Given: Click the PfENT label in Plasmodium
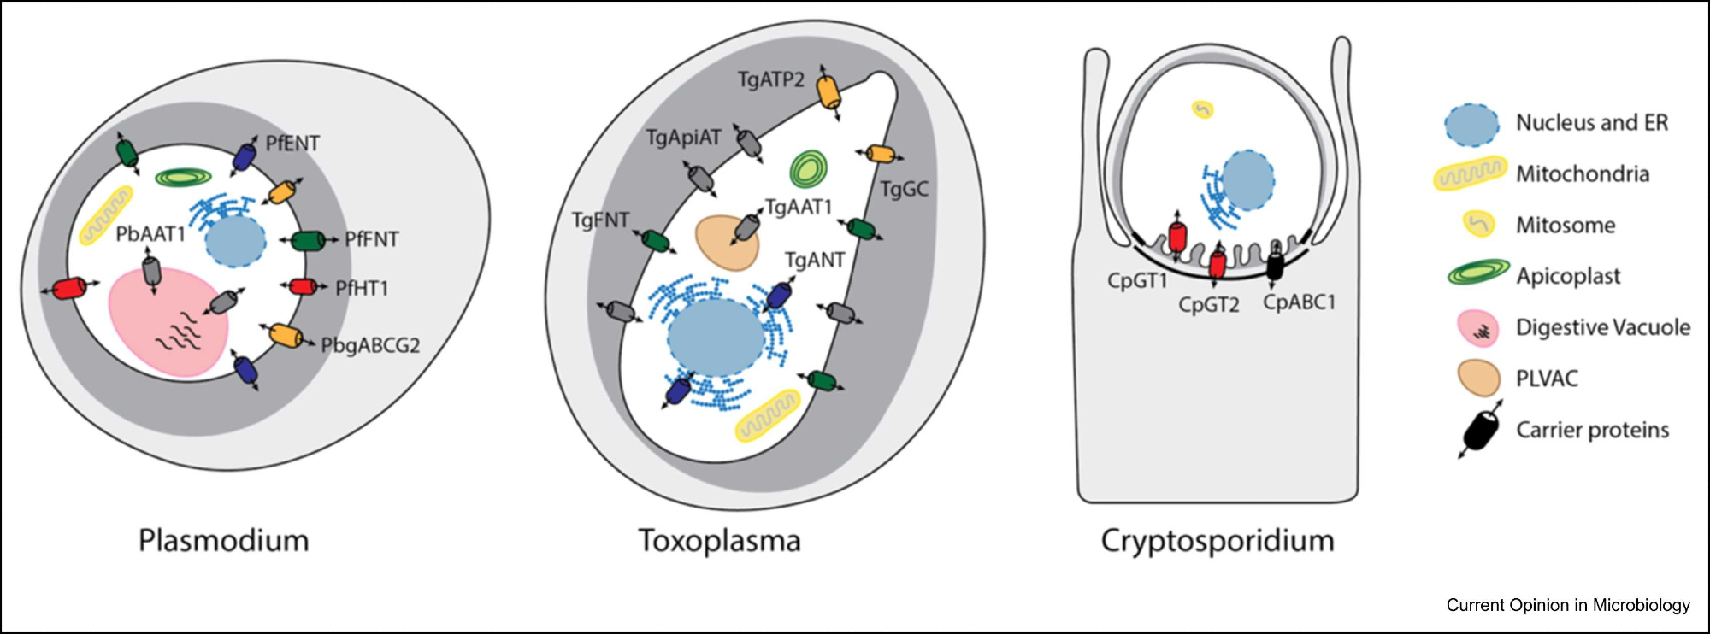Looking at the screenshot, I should point(292,144).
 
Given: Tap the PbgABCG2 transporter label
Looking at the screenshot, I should point(370,346).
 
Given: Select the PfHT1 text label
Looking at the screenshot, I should point(362,289).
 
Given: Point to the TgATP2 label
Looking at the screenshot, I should point(771,80).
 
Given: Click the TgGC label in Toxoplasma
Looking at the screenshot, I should point(904,190).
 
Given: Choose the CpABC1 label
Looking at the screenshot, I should point(1299,302).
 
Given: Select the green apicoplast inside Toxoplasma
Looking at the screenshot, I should point(808,168).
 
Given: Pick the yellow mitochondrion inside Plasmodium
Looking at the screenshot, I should point(107,215).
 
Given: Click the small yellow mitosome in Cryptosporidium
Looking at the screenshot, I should point(1203,109).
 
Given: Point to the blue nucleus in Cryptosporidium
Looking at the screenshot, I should point(1247,180).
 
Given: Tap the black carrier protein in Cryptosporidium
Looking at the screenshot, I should point(1274,264).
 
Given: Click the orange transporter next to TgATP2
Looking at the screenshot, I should point(828,91).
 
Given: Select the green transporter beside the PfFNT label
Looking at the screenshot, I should point(308,241).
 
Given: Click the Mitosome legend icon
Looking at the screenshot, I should point(1479,225).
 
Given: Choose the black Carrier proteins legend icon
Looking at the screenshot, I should point(1481,430).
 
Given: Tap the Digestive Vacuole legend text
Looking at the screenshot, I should point(1602,327).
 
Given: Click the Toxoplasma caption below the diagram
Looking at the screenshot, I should point(719,541).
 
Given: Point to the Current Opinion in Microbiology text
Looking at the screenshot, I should point(1567,605).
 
